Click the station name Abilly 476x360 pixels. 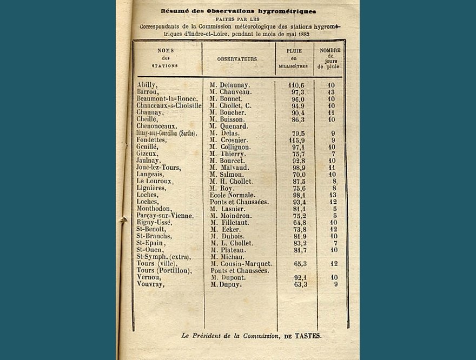click(147, 85)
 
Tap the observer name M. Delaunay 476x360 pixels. click(229, 85)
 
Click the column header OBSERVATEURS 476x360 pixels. click(237, 59)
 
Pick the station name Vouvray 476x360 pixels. click(150, 284)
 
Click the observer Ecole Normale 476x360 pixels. click(233, 195)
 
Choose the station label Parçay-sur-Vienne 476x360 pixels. click(164, 216)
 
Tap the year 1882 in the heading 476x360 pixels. click(309, 34)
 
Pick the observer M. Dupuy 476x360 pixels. click(226, 284)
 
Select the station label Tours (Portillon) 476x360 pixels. click(164, 270)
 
